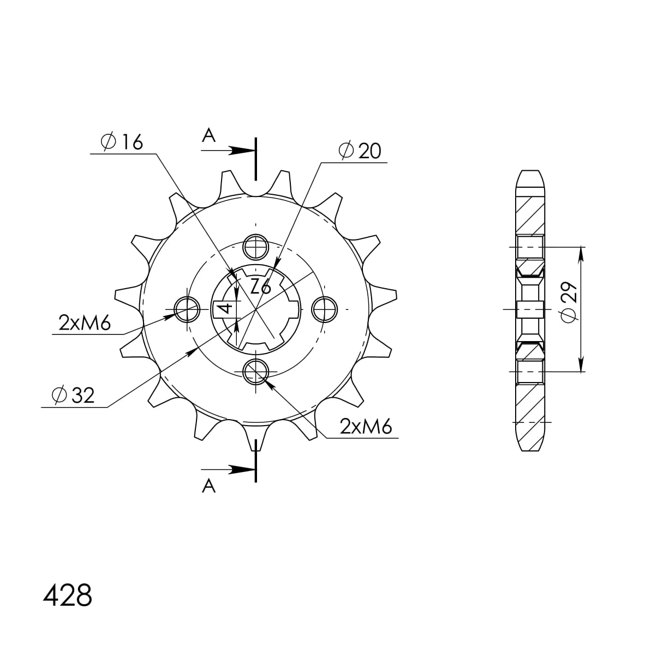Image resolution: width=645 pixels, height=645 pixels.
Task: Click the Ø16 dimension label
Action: point(122,142)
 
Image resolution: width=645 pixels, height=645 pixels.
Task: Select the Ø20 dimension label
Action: point(360,151)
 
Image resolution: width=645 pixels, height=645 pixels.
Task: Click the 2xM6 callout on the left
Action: point(85,324)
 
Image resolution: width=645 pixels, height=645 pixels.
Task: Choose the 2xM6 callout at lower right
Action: point(366,427)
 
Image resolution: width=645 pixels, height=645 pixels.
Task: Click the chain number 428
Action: point(68,596)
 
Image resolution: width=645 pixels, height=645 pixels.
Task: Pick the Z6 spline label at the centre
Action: point(260,286)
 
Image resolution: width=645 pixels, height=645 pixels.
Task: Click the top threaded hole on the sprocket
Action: point(255,248)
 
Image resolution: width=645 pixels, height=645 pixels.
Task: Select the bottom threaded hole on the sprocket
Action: point(255,371)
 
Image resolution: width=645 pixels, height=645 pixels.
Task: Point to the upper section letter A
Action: point(208,135)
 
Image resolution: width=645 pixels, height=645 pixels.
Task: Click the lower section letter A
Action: point(208,485)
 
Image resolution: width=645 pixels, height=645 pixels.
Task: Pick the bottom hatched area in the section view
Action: point(530,409)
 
